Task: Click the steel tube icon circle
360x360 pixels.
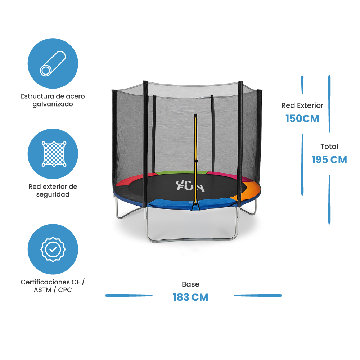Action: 53,63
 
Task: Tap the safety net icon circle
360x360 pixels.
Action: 53,154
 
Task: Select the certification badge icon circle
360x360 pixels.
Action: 53,249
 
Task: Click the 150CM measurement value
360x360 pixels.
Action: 302,118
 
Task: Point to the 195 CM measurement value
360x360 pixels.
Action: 329,159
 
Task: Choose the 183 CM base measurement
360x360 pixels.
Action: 190,297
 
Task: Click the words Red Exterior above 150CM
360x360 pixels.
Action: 302,105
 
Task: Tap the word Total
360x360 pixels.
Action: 329,147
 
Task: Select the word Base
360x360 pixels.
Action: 190,284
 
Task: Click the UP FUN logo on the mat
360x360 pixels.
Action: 190,186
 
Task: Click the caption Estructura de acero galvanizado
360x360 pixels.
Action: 53,100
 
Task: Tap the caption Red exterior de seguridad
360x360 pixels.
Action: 53,190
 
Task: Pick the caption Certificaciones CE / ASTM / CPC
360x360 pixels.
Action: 53,286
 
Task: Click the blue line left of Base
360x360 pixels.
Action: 129,296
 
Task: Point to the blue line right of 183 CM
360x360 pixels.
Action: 258,296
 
